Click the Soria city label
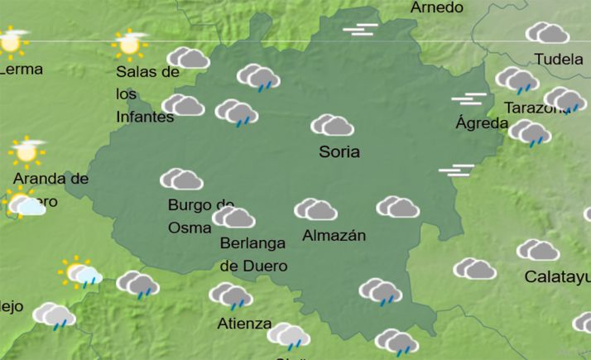coord(339,152)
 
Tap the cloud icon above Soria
coord(333,126)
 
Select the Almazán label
coord(334,235)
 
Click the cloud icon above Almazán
coord(315,209)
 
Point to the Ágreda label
coord(482,123)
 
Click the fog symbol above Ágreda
coord(468,99)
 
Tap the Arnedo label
coord(437,7)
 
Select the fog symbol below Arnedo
coord(360,30)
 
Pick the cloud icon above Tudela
coord(547,33)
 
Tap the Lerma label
coord(22,70)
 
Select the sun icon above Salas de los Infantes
coord(129,42)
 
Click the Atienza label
coord(244,323)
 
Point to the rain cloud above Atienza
coord(230,295)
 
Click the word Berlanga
coord(252,243)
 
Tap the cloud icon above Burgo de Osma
coord(182,180)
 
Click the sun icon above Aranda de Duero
coord(26,151)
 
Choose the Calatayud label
coord(557,276)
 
